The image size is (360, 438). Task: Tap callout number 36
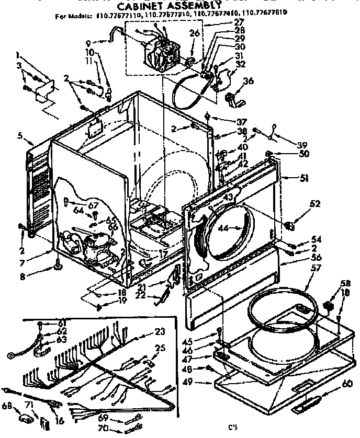point(248,80)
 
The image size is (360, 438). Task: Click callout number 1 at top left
point(19,54)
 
